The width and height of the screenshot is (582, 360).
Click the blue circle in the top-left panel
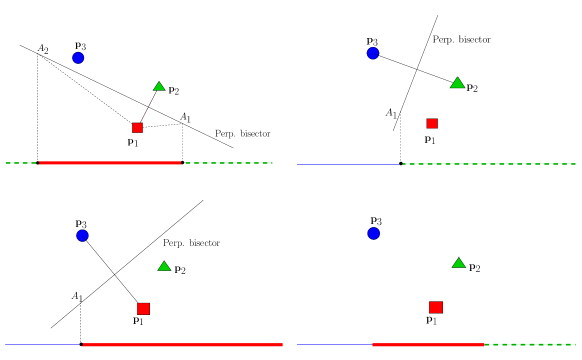click(x=78, y=58)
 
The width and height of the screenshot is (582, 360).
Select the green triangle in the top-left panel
click(x=159, y=87)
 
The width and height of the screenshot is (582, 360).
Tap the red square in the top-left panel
click(x=137, y=128)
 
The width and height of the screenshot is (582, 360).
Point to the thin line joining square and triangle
click(x=148, y=107)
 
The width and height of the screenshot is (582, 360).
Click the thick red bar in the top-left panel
click(x=110, y=163)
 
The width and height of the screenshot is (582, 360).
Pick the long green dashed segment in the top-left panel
click(x=228, y=163)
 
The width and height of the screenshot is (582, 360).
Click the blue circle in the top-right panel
click(x=373, y=53)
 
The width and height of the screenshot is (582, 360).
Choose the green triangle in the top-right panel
click(x=457, y=83)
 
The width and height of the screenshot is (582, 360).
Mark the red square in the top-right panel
click(x=432, y=124)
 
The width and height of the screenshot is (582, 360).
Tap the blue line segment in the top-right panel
click(x=348, y=164)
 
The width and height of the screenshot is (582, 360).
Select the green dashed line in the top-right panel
click(x=488, y=164)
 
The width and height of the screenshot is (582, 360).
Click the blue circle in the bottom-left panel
click(x=82, y=236)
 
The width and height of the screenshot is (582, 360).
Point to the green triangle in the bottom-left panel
click(x=164, y=267)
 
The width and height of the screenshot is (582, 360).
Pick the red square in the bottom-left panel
click(x=143, y=309)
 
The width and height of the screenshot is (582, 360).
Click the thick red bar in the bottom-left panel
click(x=182, y=345)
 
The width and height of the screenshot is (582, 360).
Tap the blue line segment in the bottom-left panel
click(x=42, y=345)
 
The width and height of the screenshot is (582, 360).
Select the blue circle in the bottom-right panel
click(x=373, y=233)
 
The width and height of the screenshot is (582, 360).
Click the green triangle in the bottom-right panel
click(x=458, y=263)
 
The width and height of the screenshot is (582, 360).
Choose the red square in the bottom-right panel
click(x=436, y=307)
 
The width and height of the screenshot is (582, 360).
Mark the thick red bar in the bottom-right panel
click(x=428, y=345)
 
